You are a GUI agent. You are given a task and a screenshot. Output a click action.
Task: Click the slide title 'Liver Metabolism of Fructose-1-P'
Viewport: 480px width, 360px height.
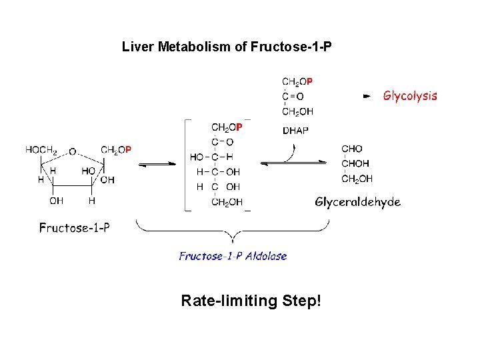pyautogui.click(x=227, y=47)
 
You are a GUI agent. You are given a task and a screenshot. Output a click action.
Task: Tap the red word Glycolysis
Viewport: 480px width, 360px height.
pyautogui.click(x=410, y=95)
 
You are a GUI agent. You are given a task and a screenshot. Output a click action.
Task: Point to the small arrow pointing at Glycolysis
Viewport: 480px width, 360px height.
pyautogui.click(x=366, y=96)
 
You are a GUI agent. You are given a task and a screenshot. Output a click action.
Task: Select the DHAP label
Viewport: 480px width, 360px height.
pyautogui.click(x=295, y=131)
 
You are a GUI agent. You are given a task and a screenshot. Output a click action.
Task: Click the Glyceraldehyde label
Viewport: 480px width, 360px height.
pyautogui.click(x=357, y=202)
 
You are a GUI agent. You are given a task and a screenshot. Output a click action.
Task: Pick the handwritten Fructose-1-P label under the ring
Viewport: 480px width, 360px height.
pyautogui.click(x=75, y=228)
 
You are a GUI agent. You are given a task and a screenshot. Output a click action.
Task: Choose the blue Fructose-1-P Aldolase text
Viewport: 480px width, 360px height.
pyautogui.click(x=233, y=256)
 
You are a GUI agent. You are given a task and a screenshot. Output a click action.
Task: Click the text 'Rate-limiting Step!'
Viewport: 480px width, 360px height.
pyautogui.click(x=251, y=301)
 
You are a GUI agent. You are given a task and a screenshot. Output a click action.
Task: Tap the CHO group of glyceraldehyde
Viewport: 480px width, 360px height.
pyautogui.click(x=352, y=149)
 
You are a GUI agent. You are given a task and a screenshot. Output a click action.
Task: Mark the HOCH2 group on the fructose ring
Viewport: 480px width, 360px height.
pyautogui.click(x=41, y=150)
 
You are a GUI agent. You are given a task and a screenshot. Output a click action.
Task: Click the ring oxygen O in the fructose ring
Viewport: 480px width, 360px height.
pyautogui.click(x=72, y=151)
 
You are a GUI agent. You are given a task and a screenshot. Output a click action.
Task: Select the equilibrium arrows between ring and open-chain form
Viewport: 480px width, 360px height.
pyautogui.click(x=157, y=164)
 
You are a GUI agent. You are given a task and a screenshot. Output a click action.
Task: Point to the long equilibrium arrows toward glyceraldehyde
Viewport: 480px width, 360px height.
pyautogui.click(x=293, y=164)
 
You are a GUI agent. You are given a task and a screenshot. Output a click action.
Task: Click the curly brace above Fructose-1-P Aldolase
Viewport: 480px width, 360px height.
pyautogui.click(x=233, y=233)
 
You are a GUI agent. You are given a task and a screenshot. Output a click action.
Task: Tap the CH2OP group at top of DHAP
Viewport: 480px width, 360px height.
pyautogui.click(x=297, y=81)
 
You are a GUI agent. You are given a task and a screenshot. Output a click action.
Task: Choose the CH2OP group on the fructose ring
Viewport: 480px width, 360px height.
pyautogui.click(x=116, y=150)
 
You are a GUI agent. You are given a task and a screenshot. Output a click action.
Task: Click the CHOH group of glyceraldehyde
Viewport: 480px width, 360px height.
pyautogui.click(x=355, y=164)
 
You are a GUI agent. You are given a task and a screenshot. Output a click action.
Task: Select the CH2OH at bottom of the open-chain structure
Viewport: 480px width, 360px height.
pyautogui.click(x=227, y=202)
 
